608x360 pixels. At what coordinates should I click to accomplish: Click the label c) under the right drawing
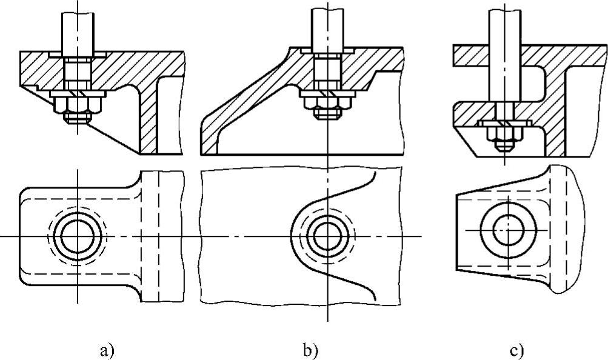point(516,350)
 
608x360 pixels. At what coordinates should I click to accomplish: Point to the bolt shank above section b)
point(327,27)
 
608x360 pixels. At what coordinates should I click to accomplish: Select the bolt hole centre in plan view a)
point(77,235)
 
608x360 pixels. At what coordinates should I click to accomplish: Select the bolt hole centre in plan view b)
point(327,235)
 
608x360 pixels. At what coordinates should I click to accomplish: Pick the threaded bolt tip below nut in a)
point(77,120)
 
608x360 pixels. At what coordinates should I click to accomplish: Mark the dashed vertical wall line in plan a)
point(158,236)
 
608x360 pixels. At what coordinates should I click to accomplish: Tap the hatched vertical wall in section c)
point(557,121)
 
